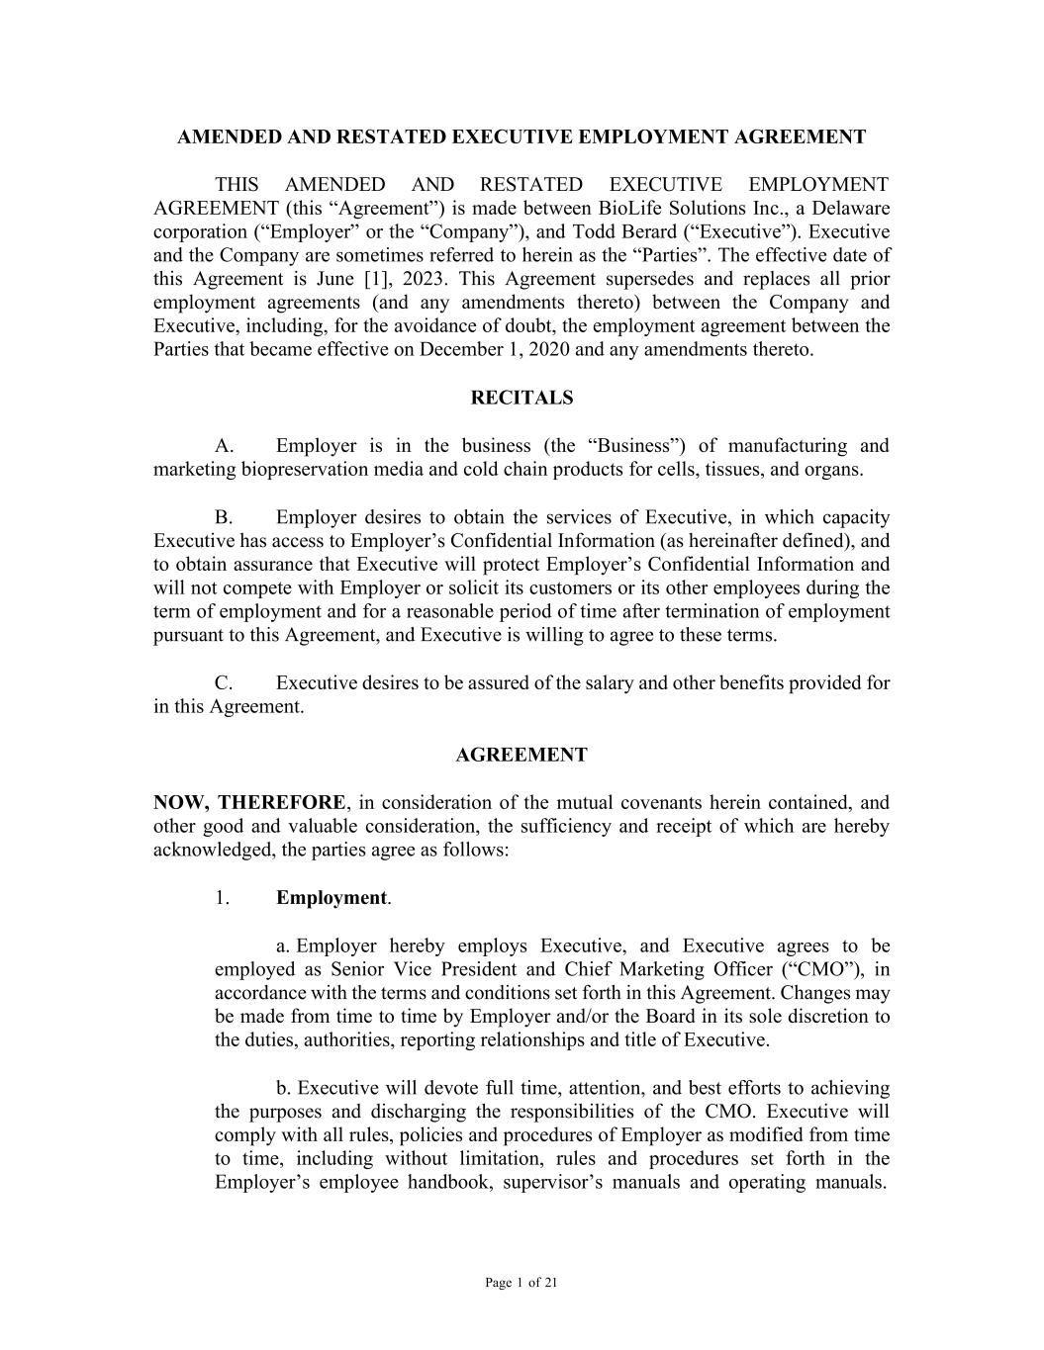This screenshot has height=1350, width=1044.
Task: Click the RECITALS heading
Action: pyautogui.click(x=522, y=398)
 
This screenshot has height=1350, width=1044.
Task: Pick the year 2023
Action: pyautogui.click(x=425, y=279)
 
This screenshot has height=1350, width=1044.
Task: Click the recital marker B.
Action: pyautogui.click(x=224, y=517)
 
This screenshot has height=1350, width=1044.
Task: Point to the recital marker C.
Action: pyautogui.click(x=224, y=683)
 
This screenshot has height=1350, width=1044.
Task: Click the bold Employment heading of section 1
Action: pyautogui.click(x=332, y=898)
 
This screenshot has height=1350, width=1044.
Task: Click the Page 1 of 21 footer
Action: pyautogui.click(x=522, y=1284)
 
